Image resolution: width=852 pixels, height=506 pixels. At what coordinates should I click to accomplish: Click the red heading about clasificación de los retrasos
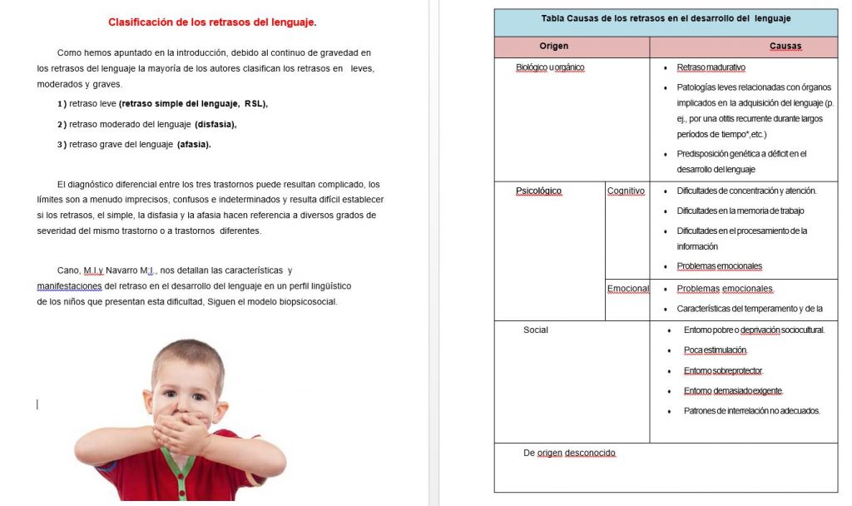coord(212,22)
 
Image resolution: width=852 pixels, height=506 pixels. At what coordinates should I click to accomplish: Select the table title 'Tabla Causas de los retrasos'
coord(666,18)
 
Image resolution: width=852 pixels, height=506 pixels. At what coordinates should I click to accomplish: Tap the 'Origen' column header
coord(554,46)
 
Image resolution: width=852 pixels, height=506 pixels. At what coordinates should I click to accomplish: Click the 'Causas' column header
coord(785,46)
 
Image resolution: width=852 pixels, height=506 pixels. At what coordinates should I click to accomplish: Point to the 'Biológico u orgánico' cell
coord(550,67)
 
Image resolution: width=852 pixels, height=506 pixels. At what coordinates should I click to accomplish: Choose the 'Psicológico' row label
coord(538,191)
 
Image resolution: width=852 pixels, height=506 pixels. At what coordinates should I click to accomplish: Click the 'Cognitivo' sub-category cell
coord(626,191)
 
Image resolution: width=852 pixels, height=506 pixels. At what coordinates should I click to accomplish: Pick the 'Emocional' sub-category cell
coord(628,289)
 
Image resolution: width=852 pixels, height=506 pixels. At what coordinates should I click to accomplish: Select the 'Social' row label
coord(536,330)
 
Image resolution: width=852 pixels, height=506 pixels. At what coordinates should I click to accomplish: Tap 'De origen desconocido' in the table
coord(569,453)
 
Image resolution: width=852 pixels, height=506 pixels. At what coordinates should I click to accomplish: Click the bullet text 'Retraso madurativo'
coord(711,67)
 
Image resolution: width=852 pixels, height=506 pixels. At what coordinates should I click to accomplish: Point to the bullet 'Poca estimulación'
coord(715,350)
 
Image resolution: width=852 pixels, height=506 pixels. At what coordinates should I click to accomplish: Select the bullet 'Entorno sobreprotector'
coord(723,370)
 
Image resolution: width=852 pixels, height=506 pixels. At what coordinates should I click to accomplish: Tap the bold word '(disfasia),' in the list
coord(215,124)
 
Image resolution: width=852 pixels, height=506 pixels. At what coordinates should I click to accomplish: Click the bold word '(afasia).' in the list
coord(194,144)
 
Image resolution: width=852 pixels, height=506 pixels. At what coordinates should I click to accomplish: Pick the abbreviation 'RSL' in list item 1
coord(255,104)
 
